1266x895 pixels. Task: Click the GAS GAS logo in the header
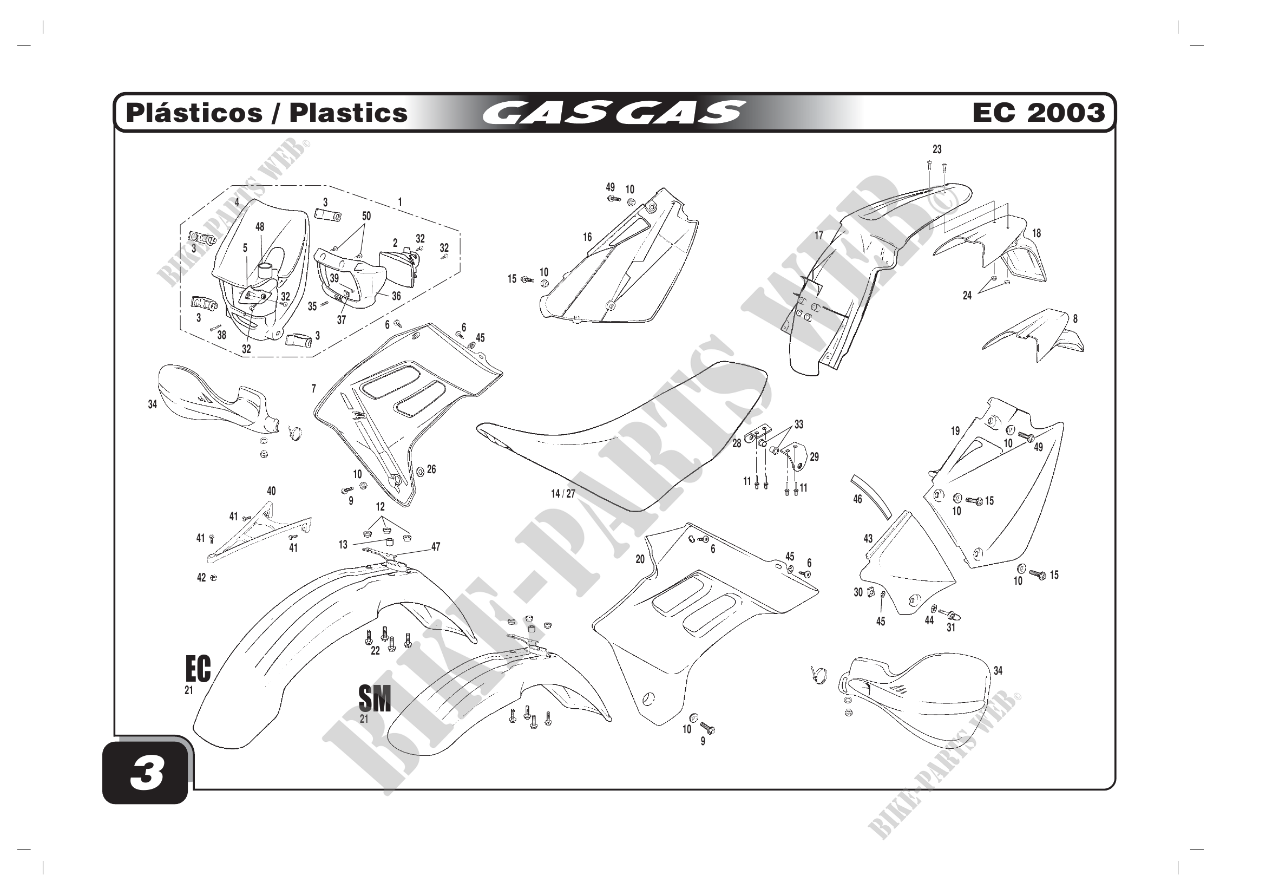pyautogui.click(x=614, y=113)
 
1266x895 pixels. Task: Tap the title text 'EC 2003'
pyautogui.click(x=1038, y=113)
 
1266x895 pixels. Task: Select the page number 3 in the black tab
pyautogui.click(x=147, y=773)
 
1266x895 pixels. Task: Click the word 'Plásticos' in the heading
pyautogui.click(x=194, y=113)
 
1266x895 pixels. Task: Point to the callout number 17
pyautogui.click(x=819, y=236)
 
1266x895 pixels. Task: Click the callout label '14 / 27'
pyautogui.click(x=563, y=494)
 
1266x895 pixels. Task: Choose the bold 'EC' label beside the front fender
pyautogui.click(x=198, y=669)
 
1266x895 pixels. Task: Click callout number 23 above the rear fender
pyautogui.click(x=937, y=149)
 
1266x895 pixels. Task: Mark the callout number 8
pyautogui.click(x=1075, y=319)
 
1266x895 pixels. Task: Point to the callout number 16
pyautogui.click(x=587, y=237)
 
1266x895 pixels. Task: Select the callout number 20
pyautogui.click(x=640, y=559)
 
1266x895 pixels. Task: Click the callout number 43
pyautogui.click(x=868, y=538)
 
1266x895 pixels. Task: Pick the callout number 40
pyautogui.click(x=271, y=491)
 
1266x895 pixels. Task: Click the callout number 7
pyautogui.click(x=314, y=389)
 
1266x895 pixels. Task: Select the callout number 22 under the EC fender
pyautogui.click(x=375, y=651)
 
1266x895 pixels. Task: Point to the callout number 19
pyautogui.click(x=955, y=431)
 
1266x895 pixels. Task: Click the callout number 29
pyautogui.click(x=815, y=456)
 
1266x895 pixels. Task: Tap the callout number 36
pyautogui.click(x=396, y=296)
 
